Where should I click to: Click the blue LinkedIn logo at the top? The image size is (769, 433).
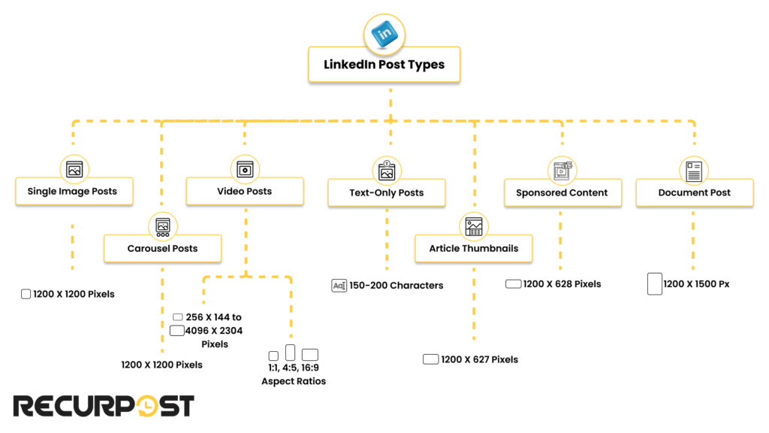tap(384, 34)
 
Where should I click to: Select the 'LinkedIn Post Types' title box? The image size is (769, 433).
tap(384, 65)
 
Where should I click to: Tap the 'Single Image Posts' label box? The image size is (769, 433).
tap(73, 191)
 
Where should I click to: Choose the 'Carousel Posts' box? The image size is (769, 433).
tap(162, 248)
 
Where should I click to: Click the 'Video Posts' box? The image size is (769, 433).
tap(245, 191)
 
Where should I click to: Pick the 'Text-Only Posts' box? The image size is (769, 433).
tap(387, 192)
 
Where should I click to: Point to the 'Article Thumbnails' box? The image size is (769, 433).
tap(473, 248)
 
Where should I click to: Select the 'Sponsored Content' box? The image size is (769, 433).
tap(562, 192)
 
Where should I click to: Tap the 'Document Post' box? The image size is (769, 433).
tap(694, 192)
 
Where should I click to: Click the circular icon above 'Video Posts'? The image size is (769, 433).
tap(244, 169)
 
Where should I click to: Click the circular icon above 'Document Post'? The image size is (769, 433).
tap(693, 171)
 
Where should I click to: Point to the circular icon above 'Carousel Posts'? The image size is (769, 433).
tap(162, 226)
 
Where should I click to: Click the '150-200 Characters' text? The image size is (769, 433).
tap(396, 286)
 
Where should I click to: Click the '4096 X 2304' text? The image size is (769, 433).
tap(214, 331)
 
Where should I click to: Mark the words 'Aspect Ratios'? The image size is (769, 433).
tap(294, 381)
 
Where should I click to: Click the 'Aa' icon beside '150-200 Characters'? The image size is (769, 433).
tap(339, 286)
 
